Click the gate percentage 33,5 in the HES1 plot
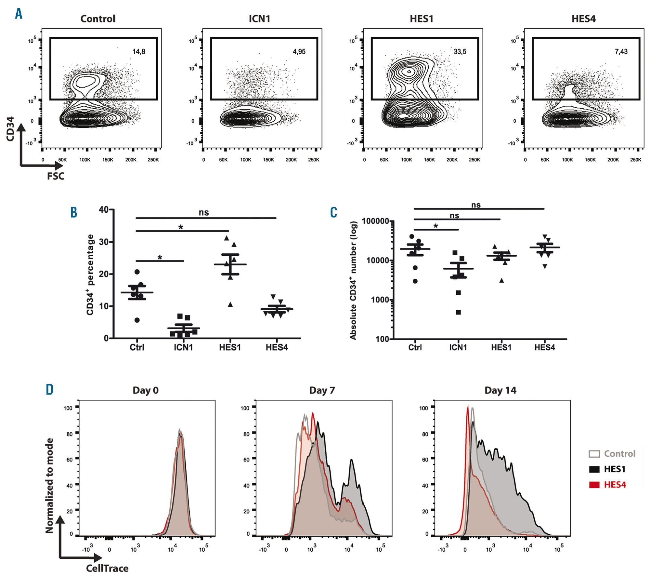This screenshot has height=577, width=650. pyautogui.click(x=460, y=52)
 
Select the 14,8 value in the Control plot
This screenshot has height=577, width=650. pyautogui.click(x=139, y=52)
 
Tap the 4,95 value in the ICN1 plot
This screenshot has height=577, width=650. pyautogui.click(x=299, y=52)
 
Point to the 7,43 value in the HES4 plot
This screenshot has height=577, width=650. pyautogui.click(x=621, y=52)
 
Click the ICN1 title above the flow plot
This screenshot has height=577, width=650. pyautogui.click(x=259, y=19)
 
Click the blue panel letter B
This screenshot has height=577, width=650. pyautogui.click(x=74, y=212)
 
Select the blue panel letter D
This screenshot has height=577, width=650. pyautogui.click(x=49, y=389)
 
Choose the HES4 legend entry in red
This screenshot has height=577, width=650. pyautogui.click(x=615, y=485)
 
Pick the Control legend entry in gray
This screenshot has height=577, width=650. pyautogui.click(x=619, y=454)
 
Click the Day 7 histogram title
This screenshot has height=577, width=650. pyautogui.click(x=322, y=390)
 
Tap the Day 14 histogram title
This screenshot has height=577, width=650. pyautogui.click(x=500, y=390)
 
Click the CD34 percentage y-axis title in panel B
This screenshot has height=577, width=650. pyautogui.click(x=90, y=275)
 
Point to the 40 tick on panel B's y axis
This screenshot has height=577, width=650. pyautogui.click(x=104, y=210)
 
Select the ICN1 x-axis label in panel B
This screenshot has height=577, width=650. pyautogui.click(x=183, y=347)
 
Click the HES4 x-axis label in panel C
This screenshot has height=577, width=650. pyautogui.click(x=545, y=347)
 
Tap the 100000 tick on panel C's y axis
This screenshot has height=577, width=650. pyautogui.click(x=375, y=221)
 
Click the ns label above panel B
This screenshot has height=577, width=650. pyautogui.click(x=204, y=212)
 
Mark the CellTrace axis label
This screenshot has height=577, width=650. pyautogui.click(x=107, y=568)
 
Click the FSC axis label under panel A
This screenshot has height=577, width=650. pyautogui.click(x=56, y=176)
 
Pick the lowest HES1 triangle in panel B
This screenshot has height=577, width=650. pyautogui.click(x=230, y=304)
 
